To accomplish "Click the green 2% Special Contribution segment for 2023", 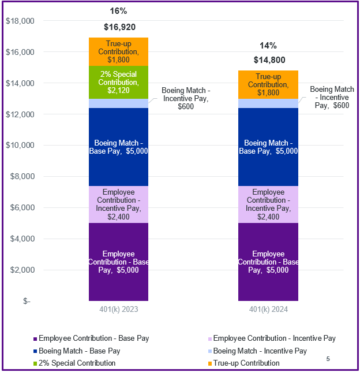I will [x=118, y=82].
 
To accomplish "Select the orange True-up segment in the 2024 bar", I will [x=268, y=84].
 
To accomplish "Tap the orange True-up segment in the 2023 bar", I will [x=118, y=51].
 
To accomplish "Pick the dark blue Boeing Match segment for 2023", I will [x=118, y=147].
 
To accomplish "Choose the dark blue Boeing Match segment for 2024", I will [x=268, y=147].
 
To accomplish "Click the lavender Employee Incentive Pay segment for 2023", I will [x=118, y=204].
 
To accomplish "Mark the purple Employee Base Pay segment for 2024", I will [x=268, y=262].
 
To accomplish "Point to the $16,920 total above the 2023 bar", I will [x=119, y=27].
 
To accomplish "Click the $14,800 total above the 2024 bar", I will [x=268, y=59].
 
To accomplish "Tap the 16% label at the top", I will [x=119, y=11].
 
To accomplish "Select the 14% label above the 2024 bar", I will [x=268, y=45].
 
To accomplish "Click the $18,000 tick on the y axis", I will [x=20, y=21].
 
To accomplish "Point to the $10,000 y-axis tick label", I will [x=20, y=146].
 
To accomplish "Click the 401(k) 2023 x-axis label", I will [x=118, y=310].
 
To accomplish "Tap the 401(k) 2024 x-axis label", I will [x=268, y=310].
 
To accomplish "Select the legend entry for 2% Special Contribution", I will [x=77, y=363].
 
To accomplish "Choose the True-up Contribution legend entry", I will [x=246, y=363].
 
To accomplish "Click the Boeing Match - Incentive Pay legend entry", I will [x=260, y=351].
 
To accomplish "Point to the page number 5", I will [x=328, y=359].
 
